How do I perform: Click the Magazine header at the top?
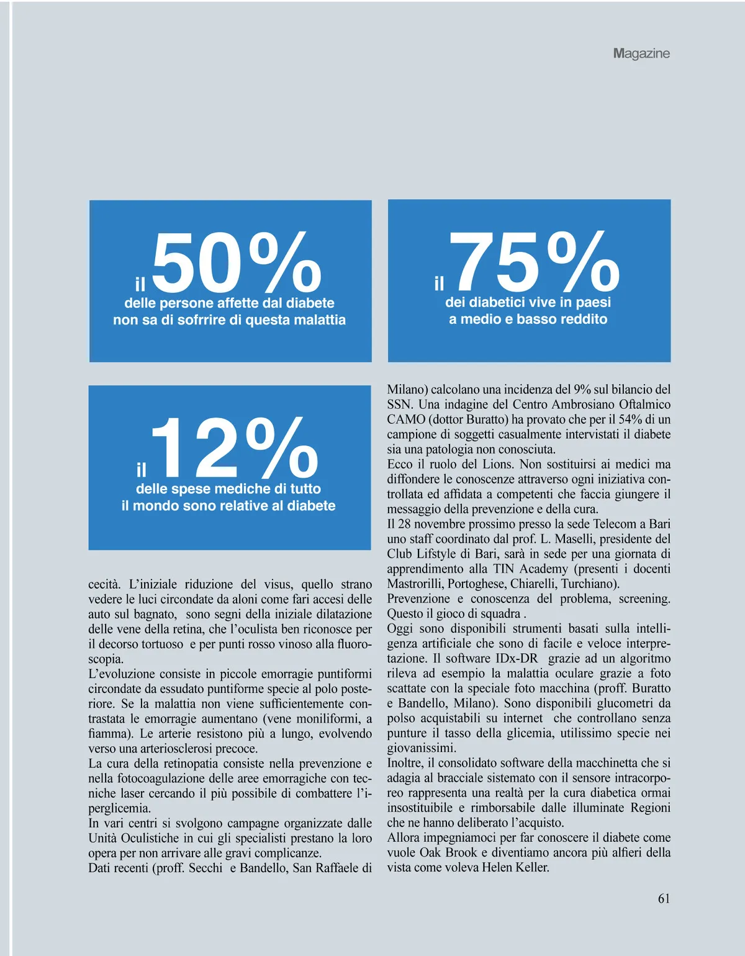(x=641, y=53)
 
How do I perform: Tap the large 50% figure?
(x=236, y=263)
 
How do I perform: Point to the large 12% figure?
(x=234, y=448)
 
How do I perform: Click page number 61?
(x=664, y=898)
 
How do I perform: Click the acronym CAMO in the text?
(x=406, y=419)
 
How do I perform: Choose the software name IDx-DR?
(x=517, y=658)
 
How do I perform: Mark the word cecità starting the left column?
(x=104, y=584)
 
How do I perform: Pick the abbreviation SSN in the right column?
(x=399, y=404)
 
